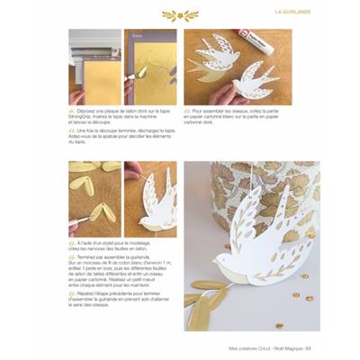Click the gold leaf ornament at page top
click(x=180, y=15)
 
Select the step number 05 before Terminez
click(x=73, y=257)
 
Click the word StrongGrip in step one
click(x=86, y=115)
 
